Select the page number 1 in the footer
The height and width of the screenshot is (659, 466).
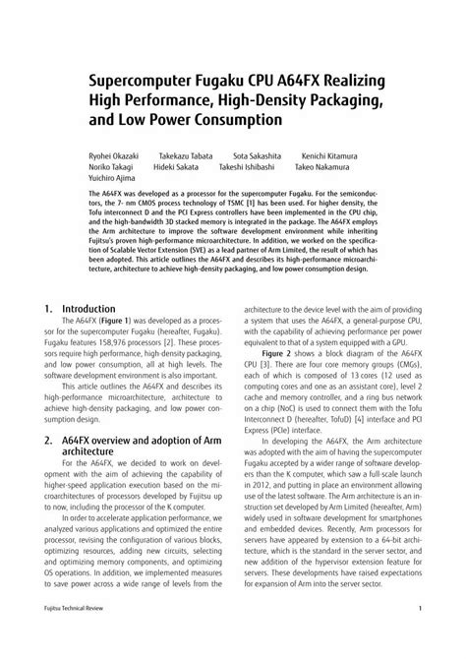click(420, 637)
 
